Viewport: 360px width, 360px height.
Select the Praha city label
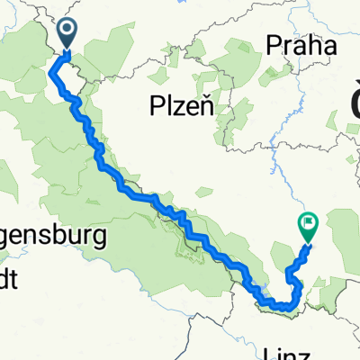click(301, 46)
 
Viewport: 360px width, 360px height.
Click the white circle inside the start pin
click(69, 32)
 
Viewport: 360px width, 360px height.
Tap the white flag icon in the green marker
click(308, 220)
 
